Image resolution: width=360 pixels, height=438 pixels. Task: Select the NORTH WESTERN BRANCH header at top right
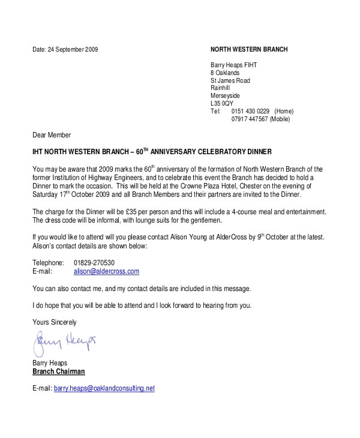coord(249,49)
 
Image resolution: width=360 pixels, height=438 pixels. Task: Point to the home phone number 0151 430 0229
coord(250,112)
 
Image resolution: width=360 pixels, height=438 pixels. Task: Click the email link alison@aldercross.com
coord(106,271)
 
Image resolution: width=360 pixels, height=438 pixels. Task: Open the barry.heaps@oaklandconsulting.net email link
coord(104,388)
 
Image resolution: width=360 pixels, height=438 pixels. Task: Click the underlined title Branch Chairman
coord(58,371)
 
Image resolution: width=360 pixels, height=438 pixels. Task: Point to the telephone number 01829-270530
coord(94,263)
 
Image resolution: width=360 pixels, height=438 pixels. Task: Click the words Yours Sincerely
coord(55,322)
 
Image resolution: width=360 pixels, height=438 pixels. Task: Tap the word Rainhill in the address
coord(220,88)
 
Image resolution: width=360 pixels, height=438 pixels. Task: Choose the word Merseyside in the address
coord(225,96)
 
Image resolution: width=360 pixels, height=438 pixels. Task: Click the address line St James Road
coord(230,80)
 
